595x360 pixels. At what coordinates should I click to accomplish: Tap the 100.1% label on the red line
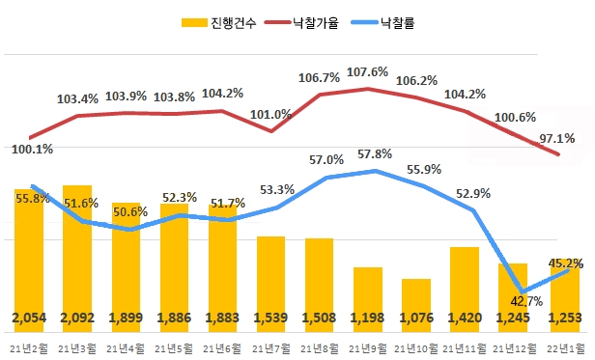[32, 150]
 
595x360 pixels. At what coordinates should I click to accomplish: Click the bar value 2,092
[77, 318]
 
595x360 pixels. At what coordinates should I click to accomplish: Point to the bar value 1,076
[416, 318]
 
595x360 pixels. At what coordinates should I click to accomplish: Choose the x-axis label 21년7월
[270, 346]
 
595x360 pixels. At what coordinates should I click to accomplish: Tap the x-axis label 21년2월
[29, 346]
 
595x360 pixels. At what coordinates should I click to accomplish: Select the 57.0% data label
[325, 160]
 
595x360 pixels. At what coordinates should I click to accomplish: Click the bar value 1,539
[270, 318]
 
